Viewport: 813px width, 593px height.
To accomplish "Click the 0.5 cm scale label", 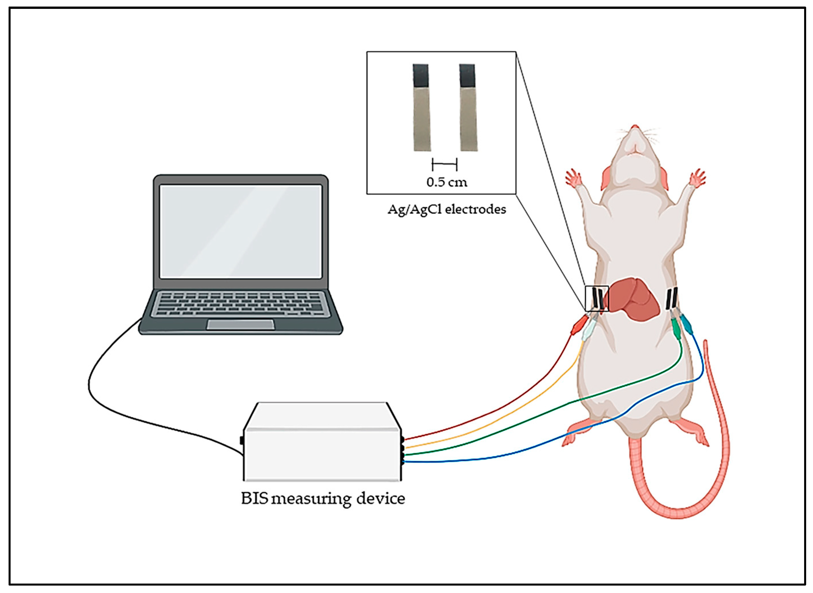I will tap(447, 182).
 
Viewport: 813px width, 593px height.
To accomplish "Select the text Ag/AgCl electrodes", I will tap(447, 209).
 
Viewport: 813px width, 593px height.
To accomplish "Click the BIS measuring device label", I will tap(323, 498).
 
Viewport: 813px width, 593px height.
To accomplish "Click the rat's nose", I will tap(635, 127).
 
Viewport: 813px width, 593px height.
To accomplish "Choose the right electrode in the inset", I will tap(468, 108).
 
